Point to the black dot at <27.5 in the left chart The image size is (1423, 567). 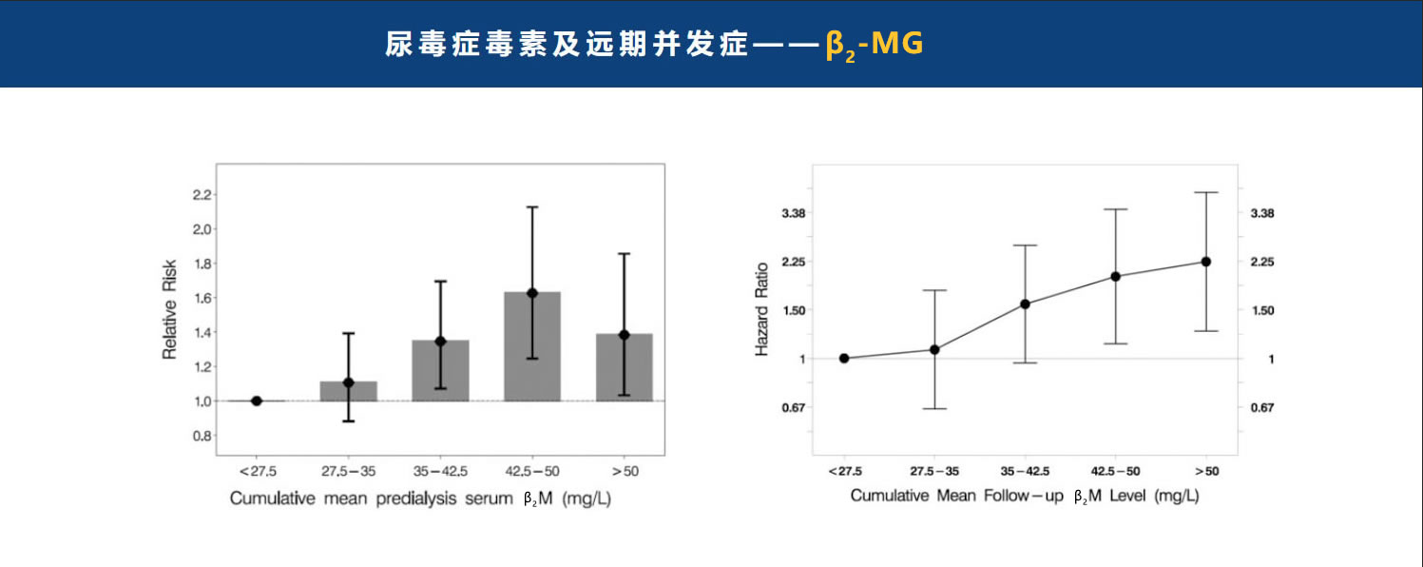[257, 401]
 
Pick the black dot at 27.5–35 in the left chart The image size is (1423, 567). [348, 382]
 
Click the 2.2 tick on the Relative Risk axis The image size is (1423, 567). [201, 195]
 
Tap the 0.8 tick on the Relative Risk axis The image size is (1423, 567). [201, 436]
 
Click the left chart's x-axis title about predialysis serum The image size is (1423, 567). [420, 499]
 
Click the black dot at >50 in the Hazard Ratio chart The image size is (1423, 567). [1206, 262]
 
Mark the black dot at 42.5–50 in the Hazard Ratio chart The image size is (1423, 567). [1116, 277]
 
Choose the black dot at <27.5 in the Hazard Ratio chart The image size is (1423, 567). [844, 359]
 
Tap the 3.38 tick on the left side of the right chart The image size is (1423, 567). [794, 213]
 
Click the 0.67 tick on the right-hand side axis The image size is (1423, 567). [1261, 407]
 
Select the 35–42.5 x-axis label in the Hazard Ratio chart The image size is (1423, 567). [1024, 471]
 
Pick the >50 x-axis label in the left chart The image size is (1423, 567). [625, 471]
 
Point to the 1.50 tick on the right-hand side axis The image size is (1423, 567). [1261, 310]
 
